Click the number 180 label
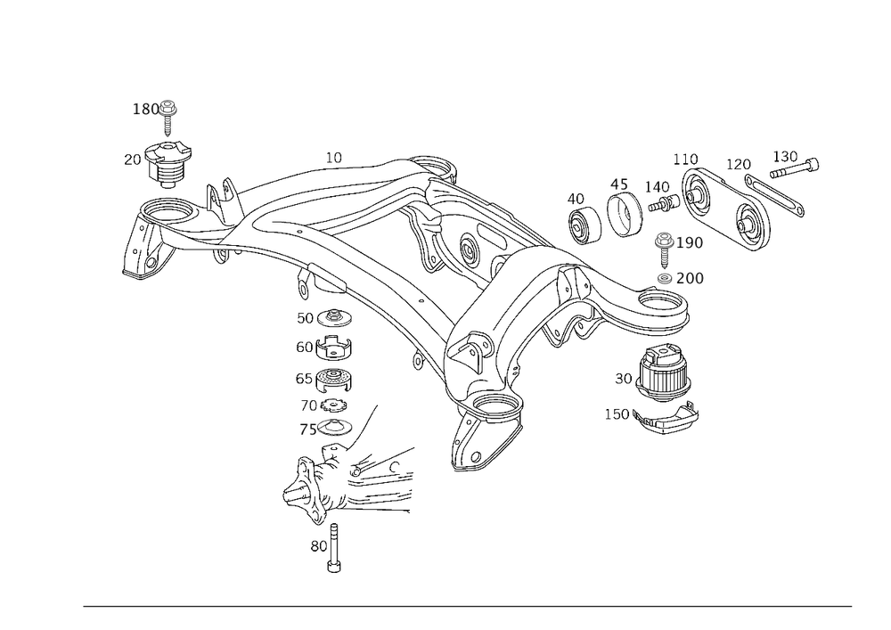(145, 108)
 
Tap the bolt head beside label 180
(168, 108)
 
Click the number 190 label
(691, 243)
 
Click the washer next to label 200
(664, 279)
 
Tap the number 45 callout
(618, 184)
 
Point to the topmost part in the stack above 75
(336, 317)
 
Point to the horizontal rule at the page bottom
(468, 608)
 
